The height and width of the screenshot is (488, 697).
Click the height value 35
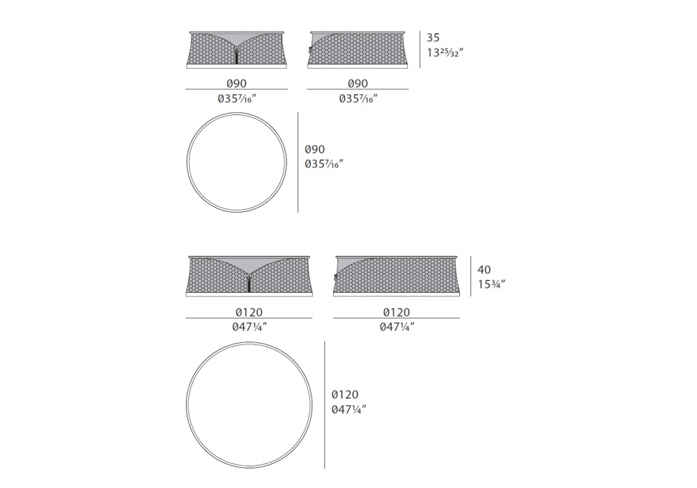pyautogui.click(x=433, y=38)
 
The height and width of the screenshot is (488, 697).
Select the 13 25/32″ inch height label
pyautogui.click(x=445, y=52)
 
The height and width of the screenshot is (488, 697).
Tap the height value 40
pyautogui.click(x=484, y=269)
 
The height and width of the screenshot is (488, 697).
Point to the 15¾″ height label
pyautogui.click(x=491, y=284)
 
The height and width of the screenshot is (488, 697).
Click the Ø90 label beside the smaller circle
pyautogui.click(x=315, y=149)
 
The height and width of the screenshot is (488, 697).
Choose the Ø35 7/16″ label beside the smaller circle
pyautogui.click(x=324, y=164)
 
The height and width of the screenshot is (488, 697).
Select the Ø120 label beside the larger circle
pyautogui.click(x=345, y=395)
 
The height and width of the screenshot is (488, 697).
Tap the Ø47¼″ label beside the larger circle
pyautogui.click(x=349, y=409)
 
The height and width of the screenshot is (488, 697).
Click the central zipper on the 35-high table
pyautogui.click(x=236, y=56)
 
